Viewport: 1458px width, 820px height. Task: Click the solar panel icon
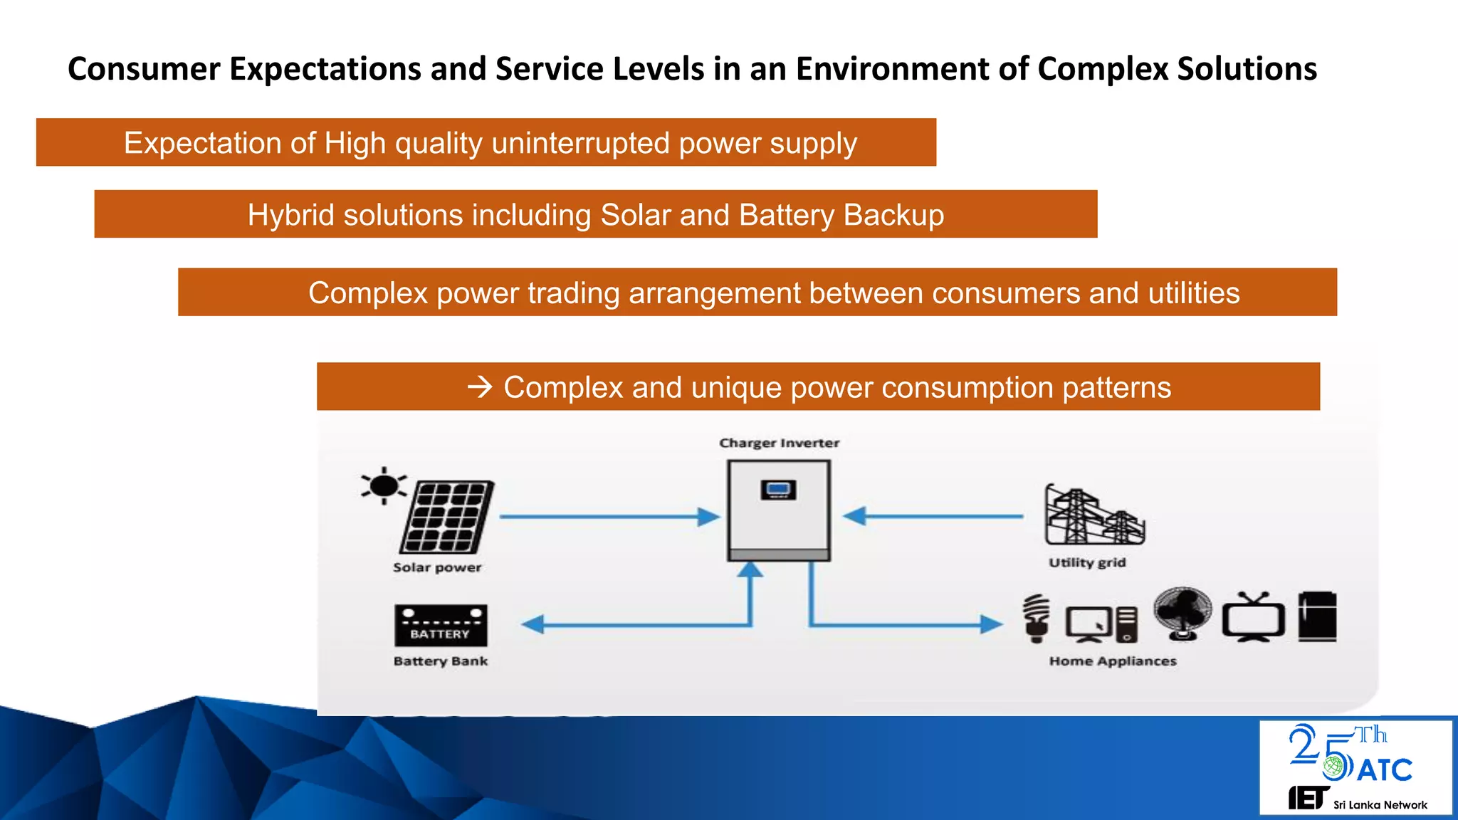pos(447,517)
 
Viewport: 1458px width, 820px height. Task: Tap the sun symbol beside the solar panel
pos(384,486)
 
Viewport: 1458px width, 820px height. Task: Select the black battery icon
pos(441,625)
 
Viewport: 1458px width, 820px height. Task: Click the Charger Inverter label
pos(779,443)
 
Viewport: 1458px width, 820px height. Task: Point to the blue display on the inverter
pos(778,489)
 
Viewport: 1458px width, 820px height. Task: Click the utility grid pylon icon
pos(1093,516)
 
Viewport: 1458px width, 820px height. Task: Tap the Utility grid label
pos(1087,562)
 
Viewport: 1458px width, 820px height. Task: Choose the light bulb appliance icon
pos(1037,618)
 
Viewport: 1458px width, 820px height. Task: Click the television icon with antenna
pos(1254,618)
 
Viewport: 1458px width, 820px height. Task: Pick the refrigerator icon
pos(1317,616)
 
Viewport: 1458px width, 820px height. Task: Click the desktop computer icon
pos(1101,624)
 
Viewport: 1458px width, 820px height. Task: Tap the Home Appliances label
pos(1113,661)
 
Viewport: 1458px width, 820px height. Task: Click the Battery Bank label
pos(440,661)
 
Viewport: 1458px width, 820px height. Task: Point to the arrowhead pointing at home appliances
pos(990,624)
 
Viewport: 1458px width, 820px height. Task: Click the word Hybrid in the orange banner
pos(290,215)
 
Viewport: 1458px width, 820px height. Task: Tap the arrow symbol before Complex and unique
pos(481,387)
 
